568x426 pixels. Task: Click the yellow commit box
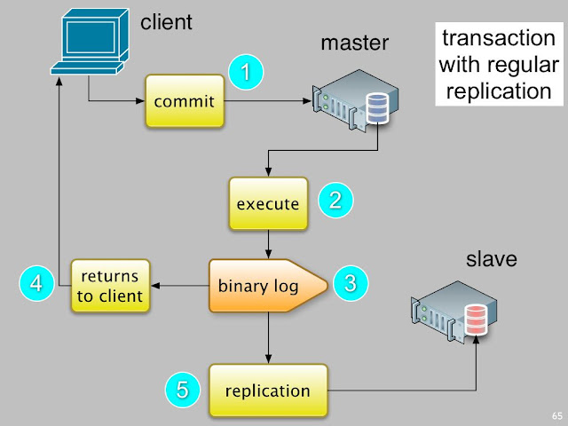pyautogui.click(x=184, y=100)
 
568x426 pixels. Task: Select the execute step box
pyautogui.click(x=267, y=203)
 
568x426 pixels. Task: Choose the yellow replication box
pyautogui.click(x=267, y=390)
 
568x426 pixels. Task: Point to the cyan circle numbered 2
pyautogui.click(x=335, y=200)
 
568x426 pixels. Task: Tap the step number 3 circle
pyautogui.click(x=350, y=284)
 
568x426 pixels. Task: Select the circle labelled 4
pyautogui.click(x=36, y=285)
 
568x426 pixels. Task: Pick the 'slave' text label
pyautogui.click(x=491, y=260)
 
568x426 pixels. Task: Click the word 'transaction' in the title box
pyautogui.click(x=496, y=40)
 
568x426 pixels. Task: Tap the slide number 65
pyautogui.click(x=556, y=415)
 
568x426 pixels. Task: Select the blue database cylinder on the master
pyautogui.click(x=377, y=111)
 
